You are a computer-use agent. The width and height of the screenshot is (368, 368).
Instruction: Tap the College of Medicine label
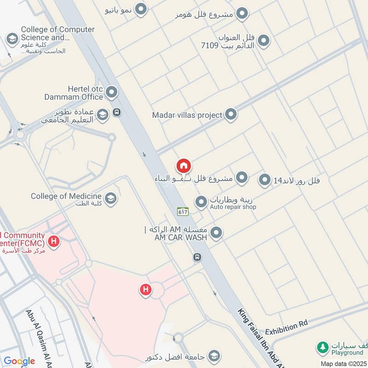(66, 196)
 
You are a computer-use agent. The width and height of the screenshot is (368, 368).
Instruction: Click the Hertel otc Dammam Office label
(74, 93)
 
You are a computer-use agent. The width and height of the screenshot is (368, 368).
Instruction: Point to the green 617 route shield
(182, 211)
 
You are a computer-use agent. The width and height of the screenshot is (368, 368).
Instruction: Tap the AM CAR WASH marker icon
(216, 233)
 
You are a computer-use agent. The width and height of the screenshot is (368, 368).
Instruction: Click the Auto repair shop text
(233, 207)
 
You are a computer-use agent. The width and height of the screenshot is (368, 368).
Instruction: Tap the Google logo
(19, 361)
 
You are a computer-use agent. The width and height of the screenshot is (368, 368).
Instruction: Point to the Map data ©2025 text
(344, 363)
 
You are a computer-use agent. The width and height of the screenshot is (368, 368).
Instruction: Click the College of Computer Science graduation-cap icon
(11, 39)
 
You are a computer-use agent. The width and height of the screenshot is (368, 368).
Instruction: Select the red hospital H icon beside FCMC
(54, 241)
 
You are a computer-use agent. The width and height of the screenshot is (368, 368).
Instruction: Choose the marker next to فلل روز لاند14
(264, 180)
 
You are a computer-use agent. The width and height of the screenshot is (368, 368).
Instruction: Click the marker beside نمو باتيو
(142, 8)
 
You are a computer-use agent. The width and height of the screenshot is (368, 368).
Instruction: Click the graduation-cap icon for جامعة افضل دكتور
(213, 356)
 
